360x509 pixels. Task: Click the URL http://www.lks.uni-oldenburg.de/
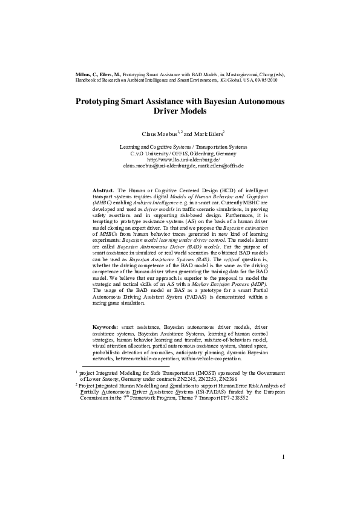180,159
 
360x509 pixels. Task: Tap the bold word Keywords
105,326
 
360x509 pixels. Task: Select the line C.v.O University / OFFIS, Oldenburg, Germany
180,153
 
